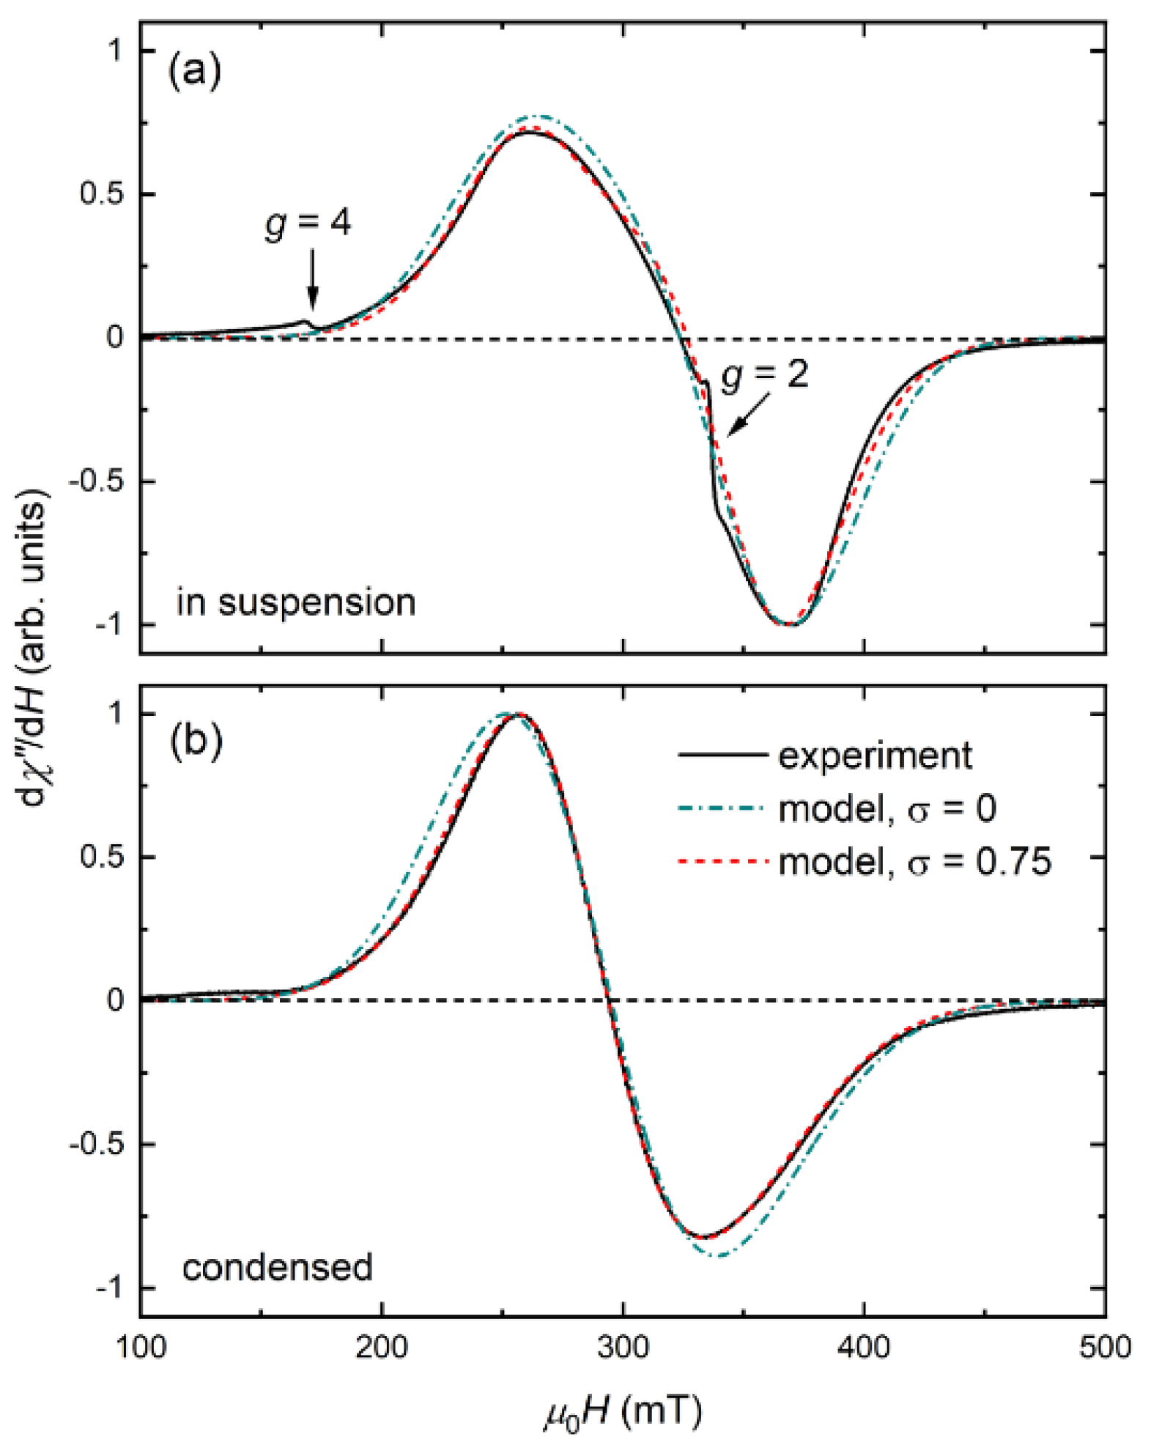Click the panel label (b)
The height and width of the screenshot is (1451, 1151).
point(195,742)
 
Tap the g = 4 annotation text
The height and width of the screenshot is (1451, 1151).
point(308,223)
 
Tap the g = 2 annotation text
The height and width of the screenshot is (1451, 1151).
point(765,375)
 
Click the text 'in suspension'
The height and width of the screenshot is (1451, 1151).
point(296,602)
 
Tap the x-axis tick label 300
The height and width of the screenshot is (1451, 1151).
point(623,1347)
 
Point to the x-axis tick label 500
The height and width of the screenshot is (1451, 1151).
point(1105,1347)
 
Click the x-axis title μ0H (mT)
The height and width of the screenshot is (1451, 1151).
point(623,1411)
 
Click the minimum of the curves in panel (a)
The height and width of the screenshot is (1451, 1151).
point(788,624)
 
